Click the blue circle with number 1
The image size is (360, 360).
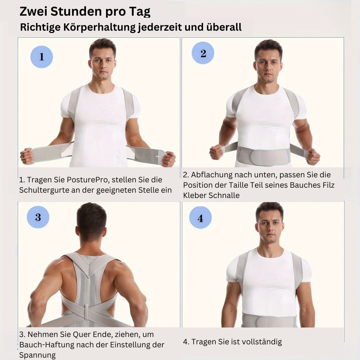[42, 57]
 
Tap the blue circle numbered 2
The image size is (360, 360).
[203, 53]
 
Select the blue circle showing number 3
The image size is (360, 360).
[38, 217]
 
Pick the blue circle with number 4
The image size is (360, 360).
[200, 217]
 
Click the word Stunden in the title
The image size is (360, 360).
[76, 11]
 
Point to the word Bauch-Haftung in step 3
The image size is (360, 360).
[46, 345]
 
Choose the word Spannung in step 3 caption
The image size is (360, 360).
[37, 355]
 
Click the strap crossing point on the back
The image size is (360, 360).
[87, 313]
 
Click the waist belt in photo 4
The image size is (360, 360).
[269, 320]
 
